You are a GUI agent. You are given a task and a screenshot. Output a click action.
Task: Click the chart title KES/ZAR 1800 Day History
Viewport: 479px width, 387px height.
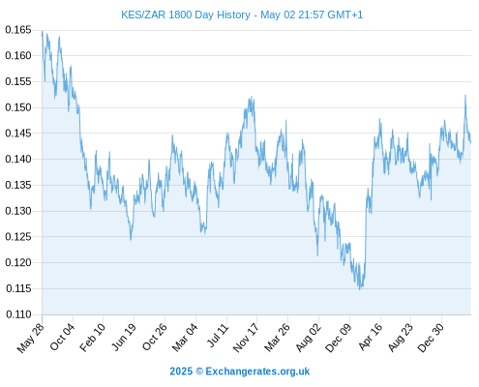point(186,15)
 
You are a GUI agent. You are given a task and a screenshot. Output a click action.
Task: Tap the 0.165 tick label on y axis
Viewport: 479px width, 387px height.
point(18,30)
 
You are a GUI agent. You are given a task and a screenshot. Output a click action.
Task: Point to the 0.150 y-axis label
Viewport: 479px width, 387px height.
point(18,107)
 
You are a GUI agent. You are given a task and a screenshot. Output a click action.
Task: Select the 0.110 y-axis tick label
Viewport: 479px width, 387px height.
point(18,314)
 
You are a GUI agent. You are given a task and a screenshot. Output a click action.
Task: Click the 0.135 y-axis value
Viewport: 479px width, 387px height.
point(18,185)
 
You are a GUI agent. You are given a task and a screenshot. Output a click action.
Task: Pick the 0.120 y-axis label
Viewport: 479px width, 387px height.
point(18,262)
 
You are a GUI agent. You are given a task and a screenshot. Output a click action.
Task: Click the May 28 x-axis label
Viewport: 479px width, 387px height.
point(30,338)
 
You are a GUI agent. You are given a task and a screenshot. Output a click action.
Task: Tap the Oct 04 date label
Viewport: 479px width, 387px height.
point(62,338)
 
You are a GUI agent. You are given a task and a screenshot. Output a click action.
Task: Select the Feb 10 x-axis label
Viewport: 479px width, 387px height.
point(92,338)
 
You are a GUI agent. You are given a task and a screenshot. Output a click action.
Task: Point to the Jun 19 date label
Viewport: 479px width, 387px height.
point(124,338)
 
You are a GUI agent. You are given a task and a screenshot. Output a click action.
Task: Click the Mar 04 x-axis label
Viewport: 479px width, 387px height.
point(185,338)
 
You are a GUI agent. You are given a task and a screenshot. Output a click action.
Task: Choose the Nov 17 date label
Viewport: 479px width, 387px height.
point(246,338)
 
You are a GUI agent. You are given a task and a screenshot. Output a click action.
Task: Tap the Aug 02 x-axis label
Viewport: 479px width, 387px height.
point(309,338)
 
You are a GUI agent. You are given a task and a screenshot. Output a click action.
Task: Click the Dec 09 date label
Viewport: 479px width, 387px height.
point(338,338)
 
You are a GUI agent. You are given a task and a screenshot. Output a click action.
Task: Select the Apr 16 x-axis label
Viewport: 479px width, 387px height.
point(371,338)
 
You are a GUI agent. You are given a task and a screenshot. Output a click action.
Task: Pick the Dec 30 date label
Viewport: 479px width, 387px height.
point(431,338)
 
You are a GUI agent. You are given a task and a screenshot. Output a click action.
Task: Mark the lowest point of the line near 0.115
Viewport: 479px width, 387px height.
point(360,289)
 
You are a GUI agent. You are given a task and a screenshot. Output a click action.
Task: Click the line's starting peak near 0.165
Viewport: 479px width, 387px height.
point(43,32)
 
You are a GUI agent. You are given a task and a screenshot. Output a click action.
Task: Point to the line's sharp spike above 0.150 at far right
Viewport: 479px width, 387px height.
point(465,95)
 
